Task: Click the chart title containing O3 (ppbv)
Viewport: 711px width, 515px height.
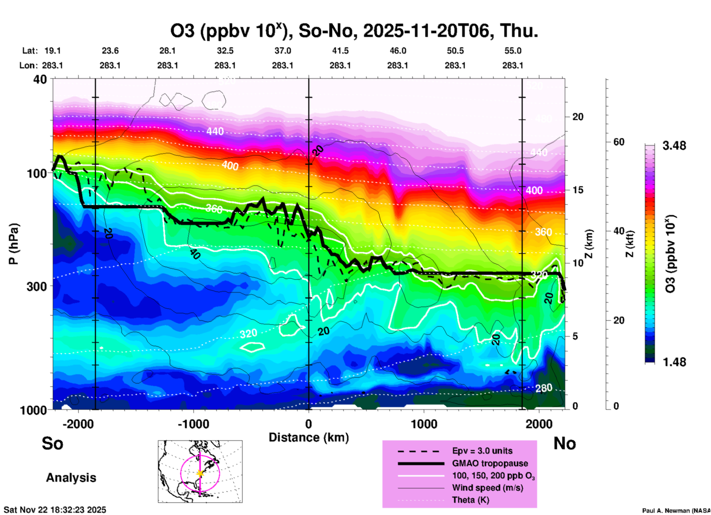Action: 354,31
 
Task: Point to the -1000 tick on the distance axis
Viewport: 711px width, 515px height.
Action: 193,424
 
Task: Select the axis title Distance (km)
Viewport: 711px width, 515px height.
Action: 309,437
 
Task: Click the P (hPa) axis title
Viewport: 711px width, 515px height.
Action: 14,244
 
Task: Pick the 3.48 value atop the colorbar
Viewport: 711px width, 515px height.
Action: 674,146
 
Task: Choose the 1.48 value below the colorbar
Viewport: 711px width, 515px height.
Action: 674,362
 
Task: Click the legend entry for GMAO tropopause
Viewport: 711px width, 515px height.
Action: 490,463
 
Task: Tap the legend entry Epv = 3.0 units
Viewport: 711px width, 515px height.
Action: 482,451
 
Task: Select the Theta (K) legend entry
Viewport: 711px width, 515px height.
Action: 471,500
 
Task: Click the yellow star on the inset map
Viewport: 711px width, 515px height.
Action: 200,473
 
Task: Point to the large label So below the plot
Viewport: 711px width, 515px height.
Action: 52,443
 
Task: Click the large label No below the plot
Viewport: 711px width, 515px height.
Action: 564,443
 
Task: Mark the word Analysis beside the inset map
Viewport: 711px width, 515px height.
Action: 71,478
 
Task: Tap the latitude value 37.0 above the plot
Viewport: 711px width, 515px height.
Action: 282,51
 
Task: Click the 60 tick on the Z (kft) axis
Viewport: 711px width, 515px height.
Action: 619,142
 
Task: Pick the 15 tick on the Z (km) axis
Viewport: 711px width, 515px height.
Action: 578,190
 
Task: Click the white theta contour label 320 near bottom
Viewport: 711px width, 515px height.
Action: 248,334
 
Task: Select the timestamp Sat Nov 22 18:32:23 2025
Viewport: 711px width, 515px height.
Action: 55,510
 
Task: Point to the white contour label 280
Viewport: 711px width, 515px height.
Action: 544,388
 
